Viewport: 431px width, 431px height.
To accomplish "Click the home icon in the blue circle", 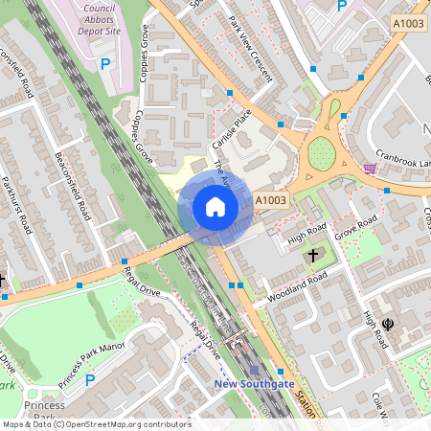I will [215, 206].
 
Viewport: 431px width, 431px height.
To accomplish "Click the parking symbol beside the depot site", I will [106, 64].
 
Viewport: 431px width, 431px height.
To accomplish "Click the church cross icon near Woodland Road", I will [312, 256].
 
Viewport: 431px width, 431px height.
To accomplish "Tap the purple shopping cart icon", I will [370, 169].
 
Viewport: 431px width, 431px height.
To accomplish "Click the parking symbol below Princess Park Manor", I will [90, 380].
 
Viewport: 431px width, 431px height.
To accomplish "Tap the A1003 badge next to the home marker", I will [271, 199].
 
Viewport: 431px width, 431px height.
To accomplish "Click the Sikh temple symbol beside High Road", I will [387, 325].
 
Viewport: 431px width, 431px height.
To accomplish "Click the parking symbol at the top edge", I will [341, 6].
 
